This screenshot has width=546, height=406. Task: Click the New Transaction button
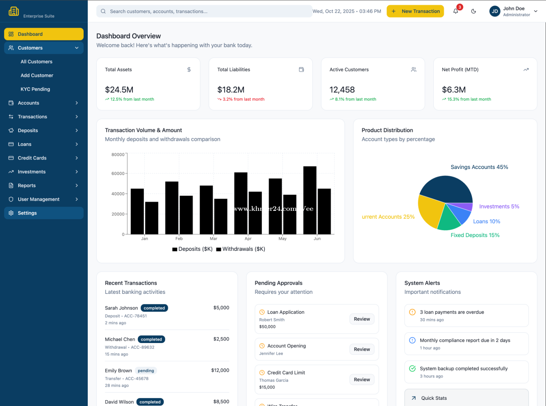pos(415,11)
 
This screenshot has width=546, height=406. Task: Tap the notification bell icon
pos(456,11)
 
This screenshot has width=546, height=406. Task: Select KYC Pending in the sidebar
pos(35,89)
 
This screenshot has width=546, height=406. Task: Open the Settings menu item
pos(27,213)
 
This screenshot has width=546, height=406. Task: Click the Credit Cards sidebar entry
pos(32,158)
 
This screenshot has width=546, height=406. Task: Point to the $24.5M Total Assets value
pos(119,90)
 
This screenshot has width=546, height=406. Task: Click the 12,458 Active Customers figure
pos(342,90)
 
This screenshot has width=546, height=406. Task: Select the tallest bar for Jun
pos(310,200)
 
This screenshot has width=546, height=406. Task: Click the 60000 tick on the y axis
pos(118,174)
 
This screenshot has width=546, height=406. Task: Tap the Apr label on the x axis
pos(248,239)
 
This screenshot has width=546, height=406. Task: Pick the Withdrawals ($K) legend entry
pos(241,249)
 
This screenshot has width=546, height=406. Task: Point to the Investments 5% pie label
pos(499,206)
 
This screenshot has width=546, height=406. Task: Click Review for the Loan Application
pos(362,319)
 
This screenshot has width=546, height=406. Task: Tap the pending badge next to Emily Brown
pos(146,371)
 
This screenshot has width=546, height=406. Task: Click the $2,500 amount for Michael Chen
pos(221,339)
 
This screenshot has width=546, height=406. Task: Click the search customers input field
pos(204,11)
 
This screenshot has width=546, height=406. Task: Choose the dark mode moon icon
pos(474,11)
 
